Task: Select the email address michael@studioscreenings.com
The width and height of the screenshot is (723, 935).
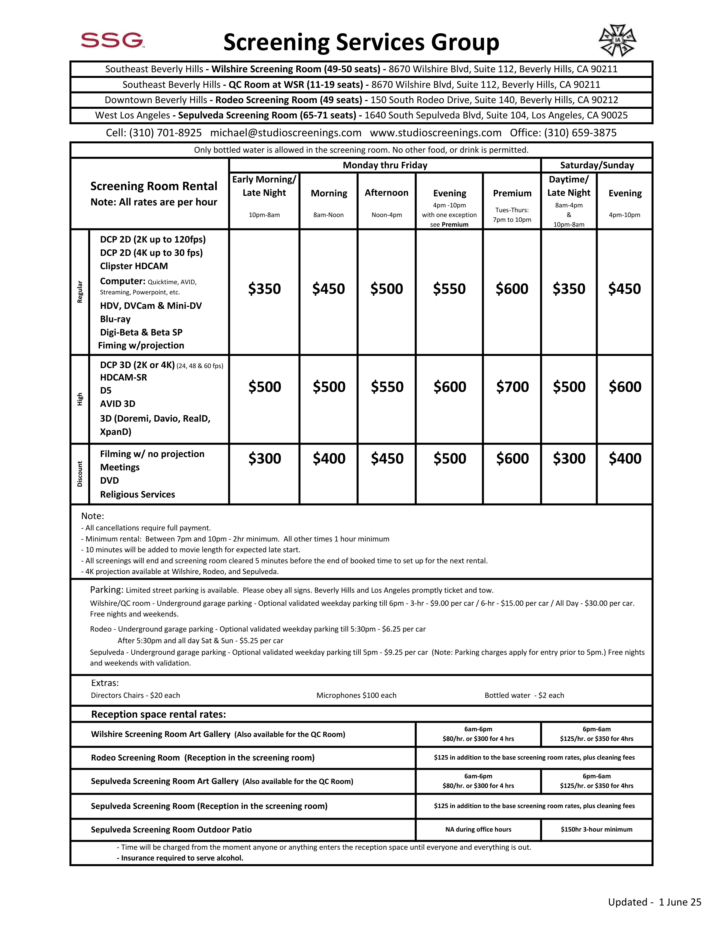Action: pyautogui.click(x=286, y=133)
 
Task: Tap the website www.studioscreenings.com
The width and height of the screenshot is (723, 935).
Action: pyautogui.click(x=436, y=133)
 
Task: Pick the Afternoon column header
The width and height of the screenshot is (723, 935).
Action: pyautogui.click(x=386, y=193)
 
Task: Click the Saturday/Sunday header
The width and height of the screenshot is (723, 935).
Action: pyautogui.click(x=597, y=165)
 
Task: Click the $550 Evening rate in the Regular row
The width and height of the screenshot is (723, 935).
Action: pyautogui.click(x=449, y=289)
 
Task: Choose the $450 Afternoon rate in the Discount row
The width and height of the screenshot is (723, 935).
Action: pyautogui.click(x=387, y=458)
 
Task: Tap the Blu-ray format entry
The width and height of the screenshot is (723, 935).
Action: pyautogui.click(x=115, y=319)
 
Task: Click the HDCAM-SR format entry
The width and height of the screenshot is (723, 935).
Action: pyautogui.click(x=123, y=377)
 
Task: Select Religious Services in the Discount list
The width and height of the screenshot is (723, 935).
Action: pyautogui.click(x=138, y=494)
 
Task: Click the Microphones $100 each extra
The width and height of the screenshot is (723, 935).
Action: pyautogui.click(x=356, y=695)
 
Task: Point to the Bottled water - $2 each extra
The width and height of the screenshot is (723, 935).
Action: pyautogui.click(x=524, y=695)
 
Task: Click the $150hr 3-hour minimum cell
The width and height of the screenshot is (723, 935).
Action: pyautogui.click(x=596, y=829)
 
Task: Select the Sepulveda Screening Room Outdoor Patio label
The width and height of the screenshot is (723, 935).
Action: pyautogui.click(x=171, y=830)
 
